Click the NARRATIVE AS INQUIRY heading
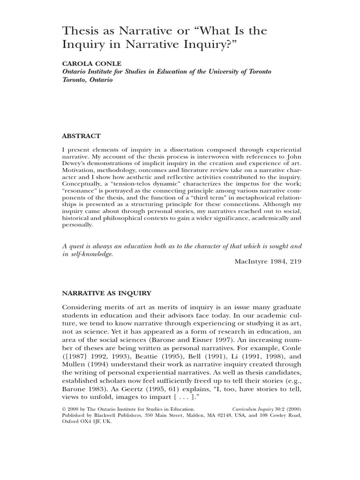[x=106, y=293]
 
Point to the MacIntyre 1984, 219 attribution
[x=268, y=262]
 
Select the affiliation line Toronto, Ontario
[x=88, y=80]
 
